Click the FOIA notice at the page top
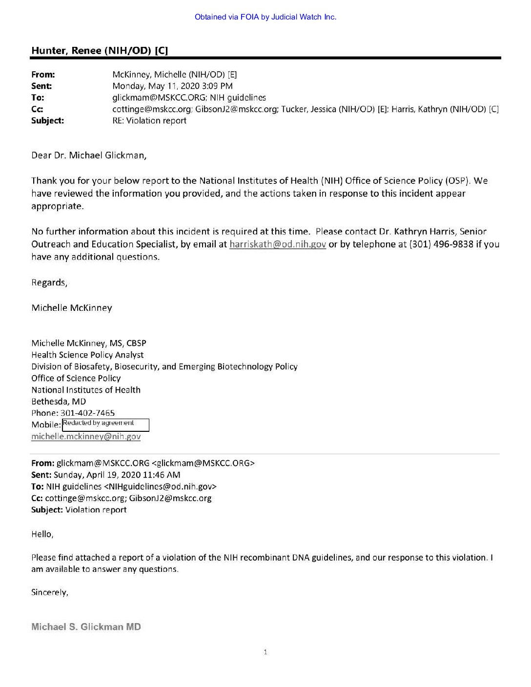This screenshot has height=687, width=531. (265, 17)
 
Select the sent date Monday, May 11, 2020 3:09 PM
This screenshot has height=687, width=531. (172, 86)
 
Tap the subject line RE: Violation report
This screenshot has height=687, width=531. (149, 121)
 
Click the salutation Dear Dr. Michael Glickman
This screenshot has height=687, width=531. (89, 155)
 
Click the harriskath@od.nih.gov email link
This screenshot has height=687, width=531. (277, 244)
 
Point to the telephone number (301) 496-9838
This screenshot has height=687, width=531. (441, 244)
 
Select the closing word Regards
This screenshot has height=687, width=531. (49, 283)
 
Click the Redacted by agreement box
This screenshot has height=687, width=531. (105, 424)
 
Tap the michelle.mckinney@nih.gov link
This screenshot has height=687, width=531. (86, 437)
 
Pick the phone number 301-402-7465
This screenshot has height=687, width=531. (87, 413)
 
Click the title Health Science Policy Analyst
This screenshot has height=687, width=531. (87, 355)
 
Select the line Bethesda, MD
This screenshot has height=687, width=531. (59, 402)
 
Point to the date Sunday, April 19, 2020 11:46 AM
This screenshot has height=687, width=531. (117, 475)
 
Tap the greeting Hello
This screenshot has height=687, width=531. (42, 534)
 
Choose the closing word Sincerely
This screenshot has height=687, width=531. (49, 592)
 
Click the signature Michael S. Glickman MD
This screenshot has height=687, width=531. (86, 627)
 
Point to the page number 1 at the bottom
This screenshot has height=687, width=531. (265, 652)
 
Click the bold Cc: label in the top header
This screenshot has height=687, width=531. (37, 109)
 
